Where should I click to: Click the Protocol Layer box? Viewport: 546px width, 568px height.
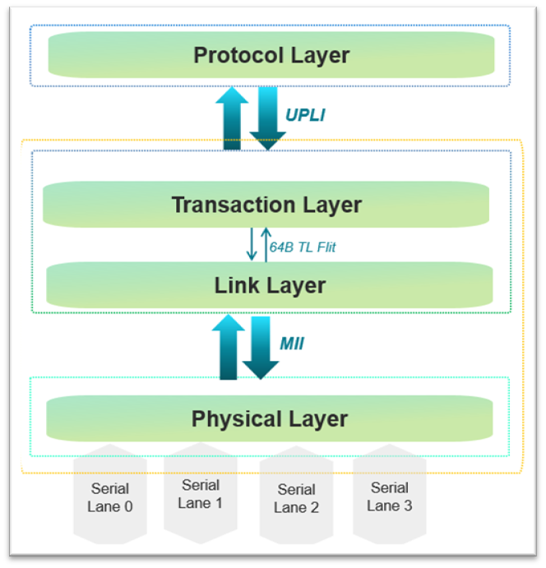click(271, 55)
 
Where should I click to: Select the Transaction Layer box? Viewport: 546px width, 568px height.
click(266, 204)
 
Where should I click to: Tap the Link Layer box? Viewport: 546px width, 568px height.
click(270, 284)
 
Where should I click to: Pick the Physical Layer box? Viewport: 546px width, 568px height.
click(270, 418)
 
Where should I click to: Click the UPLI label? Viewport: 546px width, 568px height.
click(305, 115)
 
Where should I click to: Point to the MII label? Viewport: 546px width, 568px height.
click(293, 344)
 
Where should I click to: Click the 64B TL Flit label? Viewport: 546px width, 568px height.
click(303, 247)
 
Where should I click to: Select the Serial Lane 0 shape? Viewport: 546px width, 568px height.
click(110, 497)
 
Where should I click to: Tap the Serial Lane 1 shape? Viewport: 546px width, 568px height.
click(201, 493)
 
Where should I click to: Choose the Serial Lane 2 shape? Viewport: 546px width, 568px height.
click(296, 498)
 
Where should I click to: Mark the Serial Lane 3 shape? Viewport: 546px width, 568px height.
click(390, 496)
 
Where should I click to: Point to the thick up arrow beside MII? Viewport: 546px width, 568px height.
click(228, 347)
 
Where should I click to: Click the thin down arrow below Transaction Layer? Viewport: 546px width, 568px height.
click(252, 244)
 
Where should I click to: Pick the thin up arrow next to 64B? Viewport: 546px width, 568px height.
click(265, 244)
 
